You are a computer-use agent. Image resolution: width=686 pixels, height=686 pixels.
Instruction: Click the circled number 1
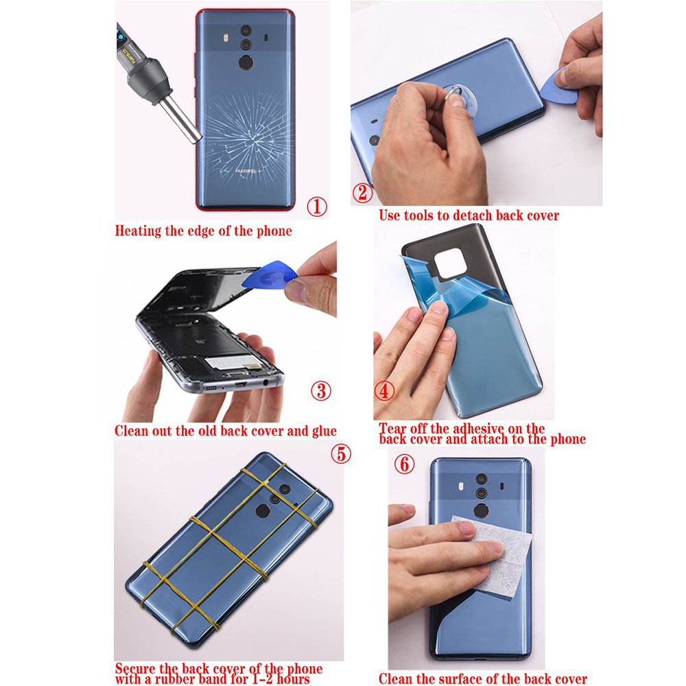click(317, 206)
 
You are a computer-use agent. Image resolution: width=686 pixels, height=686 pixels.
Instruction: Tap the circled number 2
click(363, 193)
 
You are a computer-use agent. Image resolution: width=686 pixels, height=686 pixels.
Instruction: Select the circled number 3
click(321, 391)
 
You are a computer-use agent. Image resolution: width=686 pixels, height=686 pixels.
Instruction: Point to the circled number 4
click(385, 391)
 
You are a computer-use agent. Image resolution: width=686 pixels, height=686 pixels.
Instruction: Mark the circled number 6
click(405, 464)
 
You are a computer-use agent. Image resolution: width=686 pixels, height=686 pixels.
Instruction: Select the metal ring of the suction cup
click(453, 93)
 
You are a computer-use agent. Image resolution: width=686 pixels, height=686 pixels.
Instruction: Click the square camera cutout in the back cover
click(449, 263)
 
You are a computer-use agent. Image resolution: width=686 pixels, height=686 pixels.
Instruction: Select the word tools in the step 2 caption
click(420, 215)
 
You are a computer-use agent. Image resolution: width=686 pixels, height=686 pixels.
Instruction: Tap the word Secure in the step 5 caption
click(136, 669)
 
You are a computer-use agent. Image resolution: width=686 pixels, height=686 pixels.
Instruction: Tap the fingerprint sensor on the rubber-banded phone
click(263, 511)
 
